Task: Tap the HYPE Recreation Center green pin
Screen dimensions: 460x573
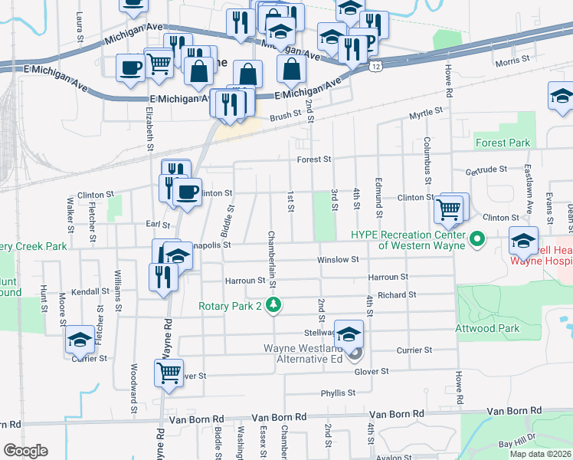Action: (x=478, y=240)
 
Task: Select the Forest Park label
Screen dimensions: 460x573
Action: (x=503, y=143)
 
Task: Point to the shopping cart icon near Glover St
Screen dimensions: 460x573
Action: (x=169, y=373)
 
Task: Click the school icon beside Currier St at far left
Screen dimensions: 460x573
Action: (x=80, y=340)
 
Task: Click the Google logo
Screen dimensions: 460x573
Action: (x=25, y=450)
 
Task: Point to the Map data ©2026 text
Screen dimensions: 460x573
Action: (x=539, y=454)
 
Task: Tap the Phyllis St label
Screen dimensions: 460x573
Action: (x=339, y=393)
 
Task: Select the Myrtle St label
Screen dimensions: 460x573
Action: (x=426, y=113)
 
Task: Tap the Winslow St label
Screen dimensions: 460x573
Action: (x=339, y=260)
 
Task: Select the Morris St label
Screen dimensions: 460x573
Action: (x=512, y=60)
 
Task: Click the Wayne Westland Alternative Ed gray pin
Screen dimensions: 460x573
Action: (x=354, y=353)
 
